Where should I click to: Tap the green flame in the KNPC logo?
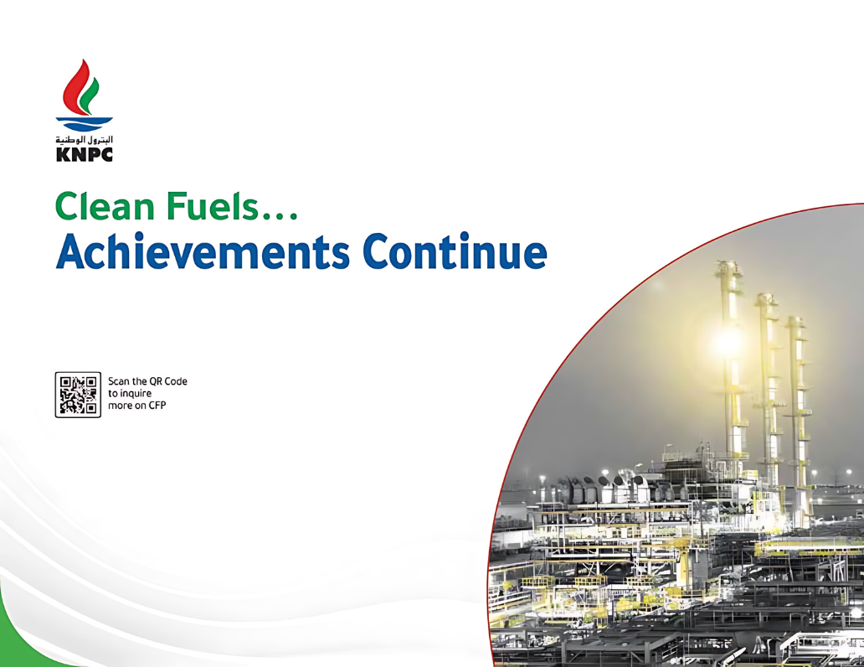pos(90,96)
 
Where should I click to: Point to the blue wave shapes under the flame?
pos(85,124)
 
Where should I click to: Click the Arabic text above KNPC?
pos(85,140)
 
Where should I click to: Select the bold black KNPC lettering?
pos(85,154)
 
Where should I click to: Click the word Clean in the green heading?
pos(105,206)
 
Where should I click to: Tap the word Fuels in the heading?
pos(212,206)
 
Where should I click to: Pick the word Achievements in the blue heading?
pos(203,251)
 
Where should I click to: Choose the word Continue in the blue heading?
pos(455,251)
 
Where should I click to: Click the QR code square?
pos(78,395)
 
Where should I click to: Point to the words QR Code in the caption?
pos(167,381)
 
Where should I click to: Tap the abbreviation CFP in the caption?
pos(157,405)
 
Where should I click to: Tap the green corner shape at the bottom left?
pos(22,640)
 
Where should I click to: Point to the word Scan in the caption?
pos(119,381)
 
